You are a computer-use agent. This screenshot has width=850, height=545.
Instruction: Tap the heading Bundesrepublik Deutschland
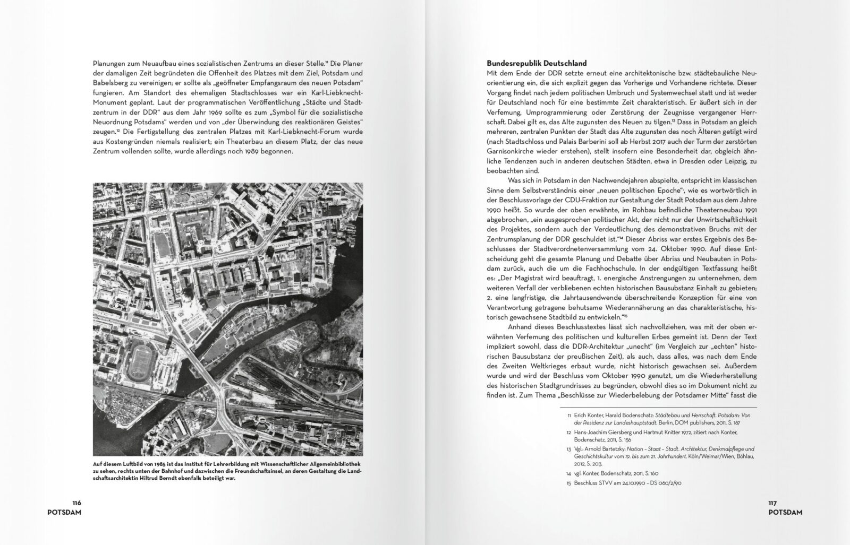click(x=537, y=63)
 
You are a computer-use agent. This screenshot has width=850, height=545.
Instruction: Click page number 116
click(x=76, y=503)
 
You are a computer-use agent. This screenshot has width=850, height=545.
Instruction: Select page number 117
click(x=772, y=503)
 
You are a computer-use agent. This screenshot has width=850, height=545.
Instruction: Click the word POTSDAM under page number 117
click(x=785, y=512)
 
